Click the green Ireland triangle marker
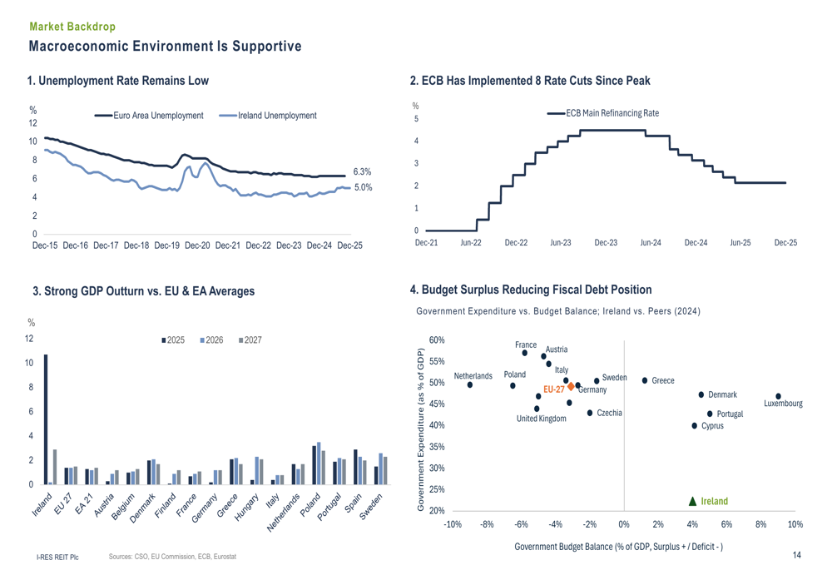(692, 501)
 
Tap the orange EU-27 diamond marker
(571, 387)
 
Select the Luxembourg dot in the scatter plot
(778, 396)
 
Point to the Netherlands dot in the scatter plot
(470, 384)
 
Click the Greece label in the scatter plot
(663, 380)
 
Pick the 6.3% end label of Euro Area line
(362, 171)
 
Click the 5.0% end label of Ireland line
(362, 187)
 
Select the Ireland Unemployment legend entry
(268, 116)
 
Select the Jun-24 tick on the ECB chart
(651, 242)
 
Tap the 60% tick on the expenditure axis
(437, 340)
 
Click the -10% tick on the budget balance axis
(453, 524)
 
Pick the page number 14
(796, 555)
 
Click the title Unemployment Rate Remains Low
(118, 81)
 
